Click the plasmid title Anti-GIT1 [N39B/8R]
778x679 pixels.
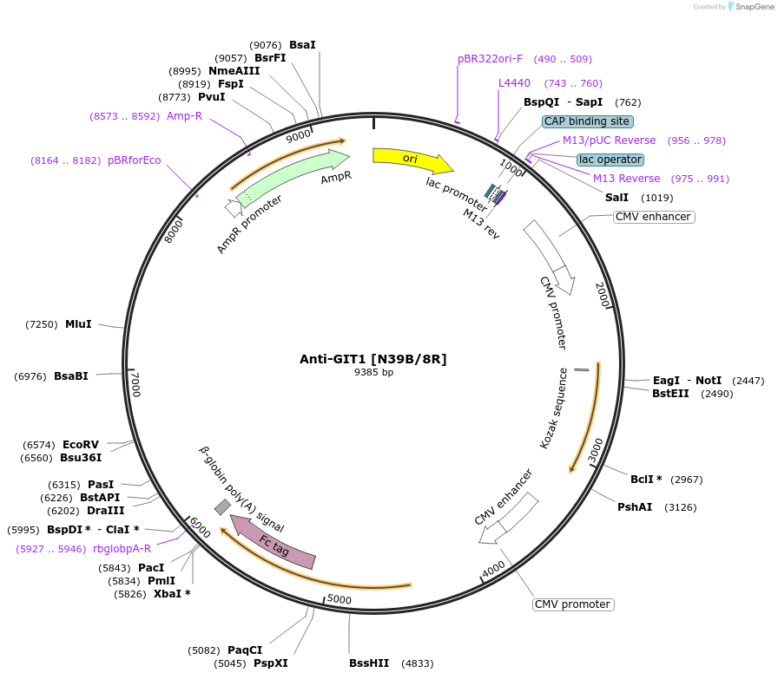373,358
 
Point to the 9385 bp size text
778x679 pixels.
373,372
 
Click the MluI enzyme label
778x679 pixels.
78,324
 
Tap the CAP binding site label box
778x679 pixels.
587,121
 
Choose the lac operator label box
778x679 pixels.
610,160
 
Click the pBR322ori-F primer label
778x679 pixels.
490,59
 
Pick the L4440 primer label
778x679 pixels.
514,83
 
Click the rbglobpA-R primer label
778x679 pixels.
122,548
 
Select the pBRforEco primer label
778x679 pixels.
134,160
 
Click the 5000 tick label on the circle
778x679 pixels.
339,599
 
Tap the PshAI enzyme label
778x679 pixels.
635,507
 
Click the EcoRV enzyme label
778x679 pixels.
80,444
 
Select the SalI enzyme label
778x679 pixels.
616,198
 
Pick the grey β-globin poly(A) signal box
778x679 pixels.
223,506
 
